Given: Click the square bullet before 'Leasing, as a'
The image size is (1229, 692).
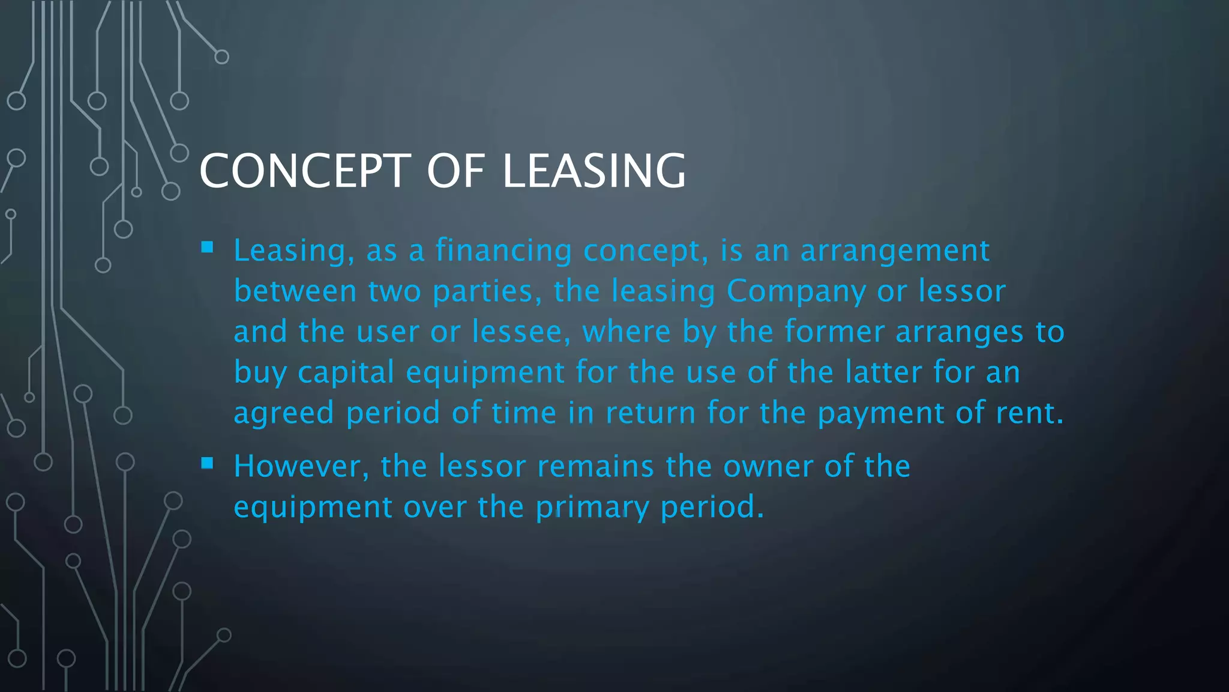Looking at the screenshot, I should (x=208, y=247).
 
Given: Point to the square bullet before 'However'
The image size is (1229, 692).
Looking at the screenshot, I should (x=208, y=463).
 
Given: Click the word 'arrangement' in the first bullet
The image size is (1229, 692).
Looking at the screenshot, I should (x=895, y=251).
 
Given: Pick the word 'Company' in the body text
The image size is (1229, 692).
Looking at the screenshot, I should (x=796, y=292).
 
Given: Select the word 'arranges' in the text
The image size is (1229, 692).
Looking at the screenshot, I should (x=959, y=332).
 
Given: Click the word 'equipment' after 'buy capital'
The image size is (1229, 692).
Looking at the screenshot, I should (x=485, y=373).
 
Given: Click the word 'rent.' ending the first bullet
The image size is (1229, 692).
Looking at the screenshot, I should (x=1030, y=413).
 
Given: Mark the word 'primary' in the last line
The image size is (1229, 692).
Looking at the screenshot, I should (x=592, y=508).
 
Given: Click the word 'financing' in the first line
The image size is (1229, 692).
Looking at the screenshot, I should (x=503, y=251).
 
